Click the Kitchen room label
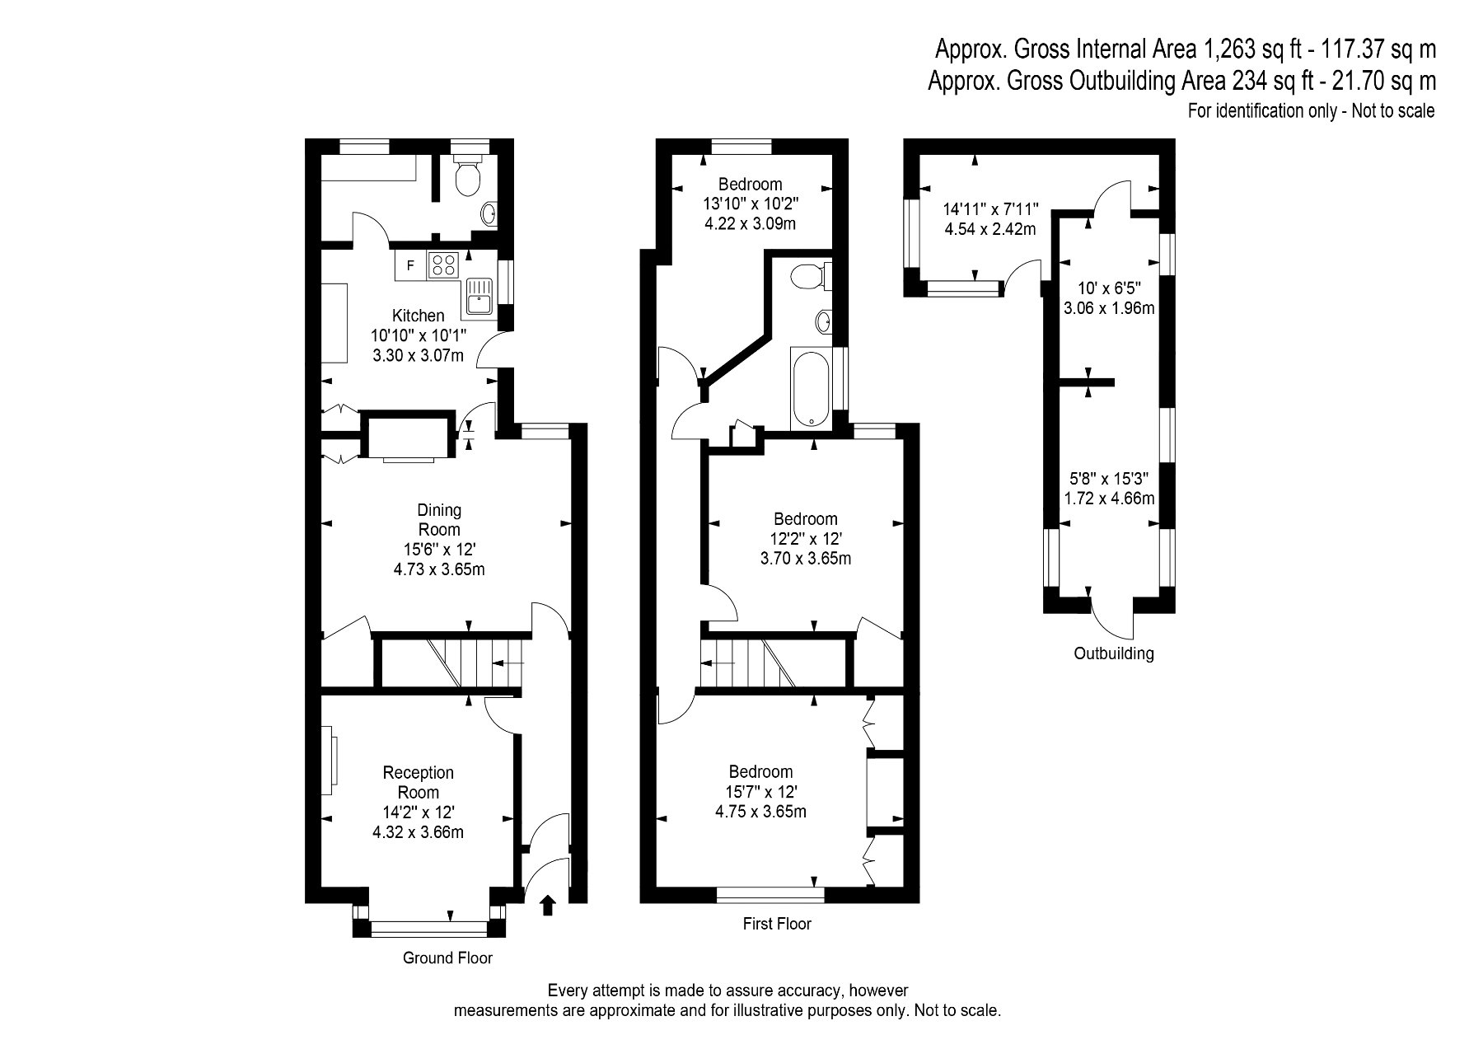point(418,316)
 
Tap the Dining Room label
point(439,520)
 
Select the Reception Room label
point(419,783)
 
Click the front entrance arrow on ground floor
point(546,906)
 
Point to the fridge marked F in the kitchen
point(410,265)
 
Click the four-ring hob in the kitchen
point(442,265)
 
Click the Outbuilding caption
point(1113,654)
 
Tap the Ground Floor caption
point(447,958)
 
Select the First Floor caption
point(777,924)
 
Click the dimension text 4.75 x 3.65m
point(760,812)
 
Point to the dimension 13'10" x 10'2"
point(751,204)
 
